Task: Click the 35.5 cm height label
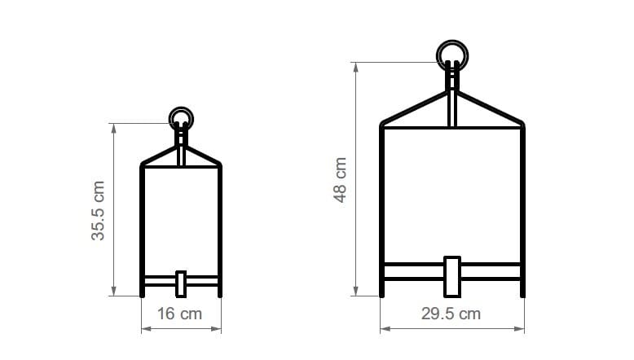(x=99, y=210)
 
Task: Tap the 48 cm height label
(x=341, y=179)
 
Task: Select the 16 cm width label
(x=181, y=313)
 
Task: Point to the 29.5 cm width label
(x=452, y=313)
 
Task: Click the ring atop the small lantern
(x=181, y=119)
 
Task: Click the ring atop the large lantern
(x=452, y=55)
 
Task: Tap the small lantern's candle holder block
(x=181, y=283)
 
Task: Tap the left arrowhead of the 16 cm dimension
(x=145, y=329)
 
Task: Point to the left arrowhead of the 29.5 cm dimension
(x=384, y=329)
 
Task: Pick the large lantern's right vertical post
(x=522, y=204)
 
